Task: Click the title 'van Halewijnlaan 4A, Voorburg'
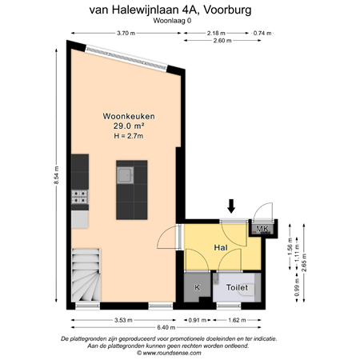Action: (x=179, y=10)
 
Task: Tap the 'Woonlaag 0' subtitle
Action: (x=179, y=22)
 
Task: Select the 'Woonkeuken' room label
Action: (x=128, y=116)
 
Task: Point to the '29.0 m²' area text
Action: (x=128, y=126)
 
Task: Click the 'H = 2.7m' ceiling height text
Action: (x=128, y=136)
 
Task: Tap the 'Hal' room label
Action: (x=222, y=249)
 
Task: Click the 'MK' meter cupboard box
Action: (x=262, y=230)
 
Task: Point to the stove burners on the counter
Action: (x=79, y=194)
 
